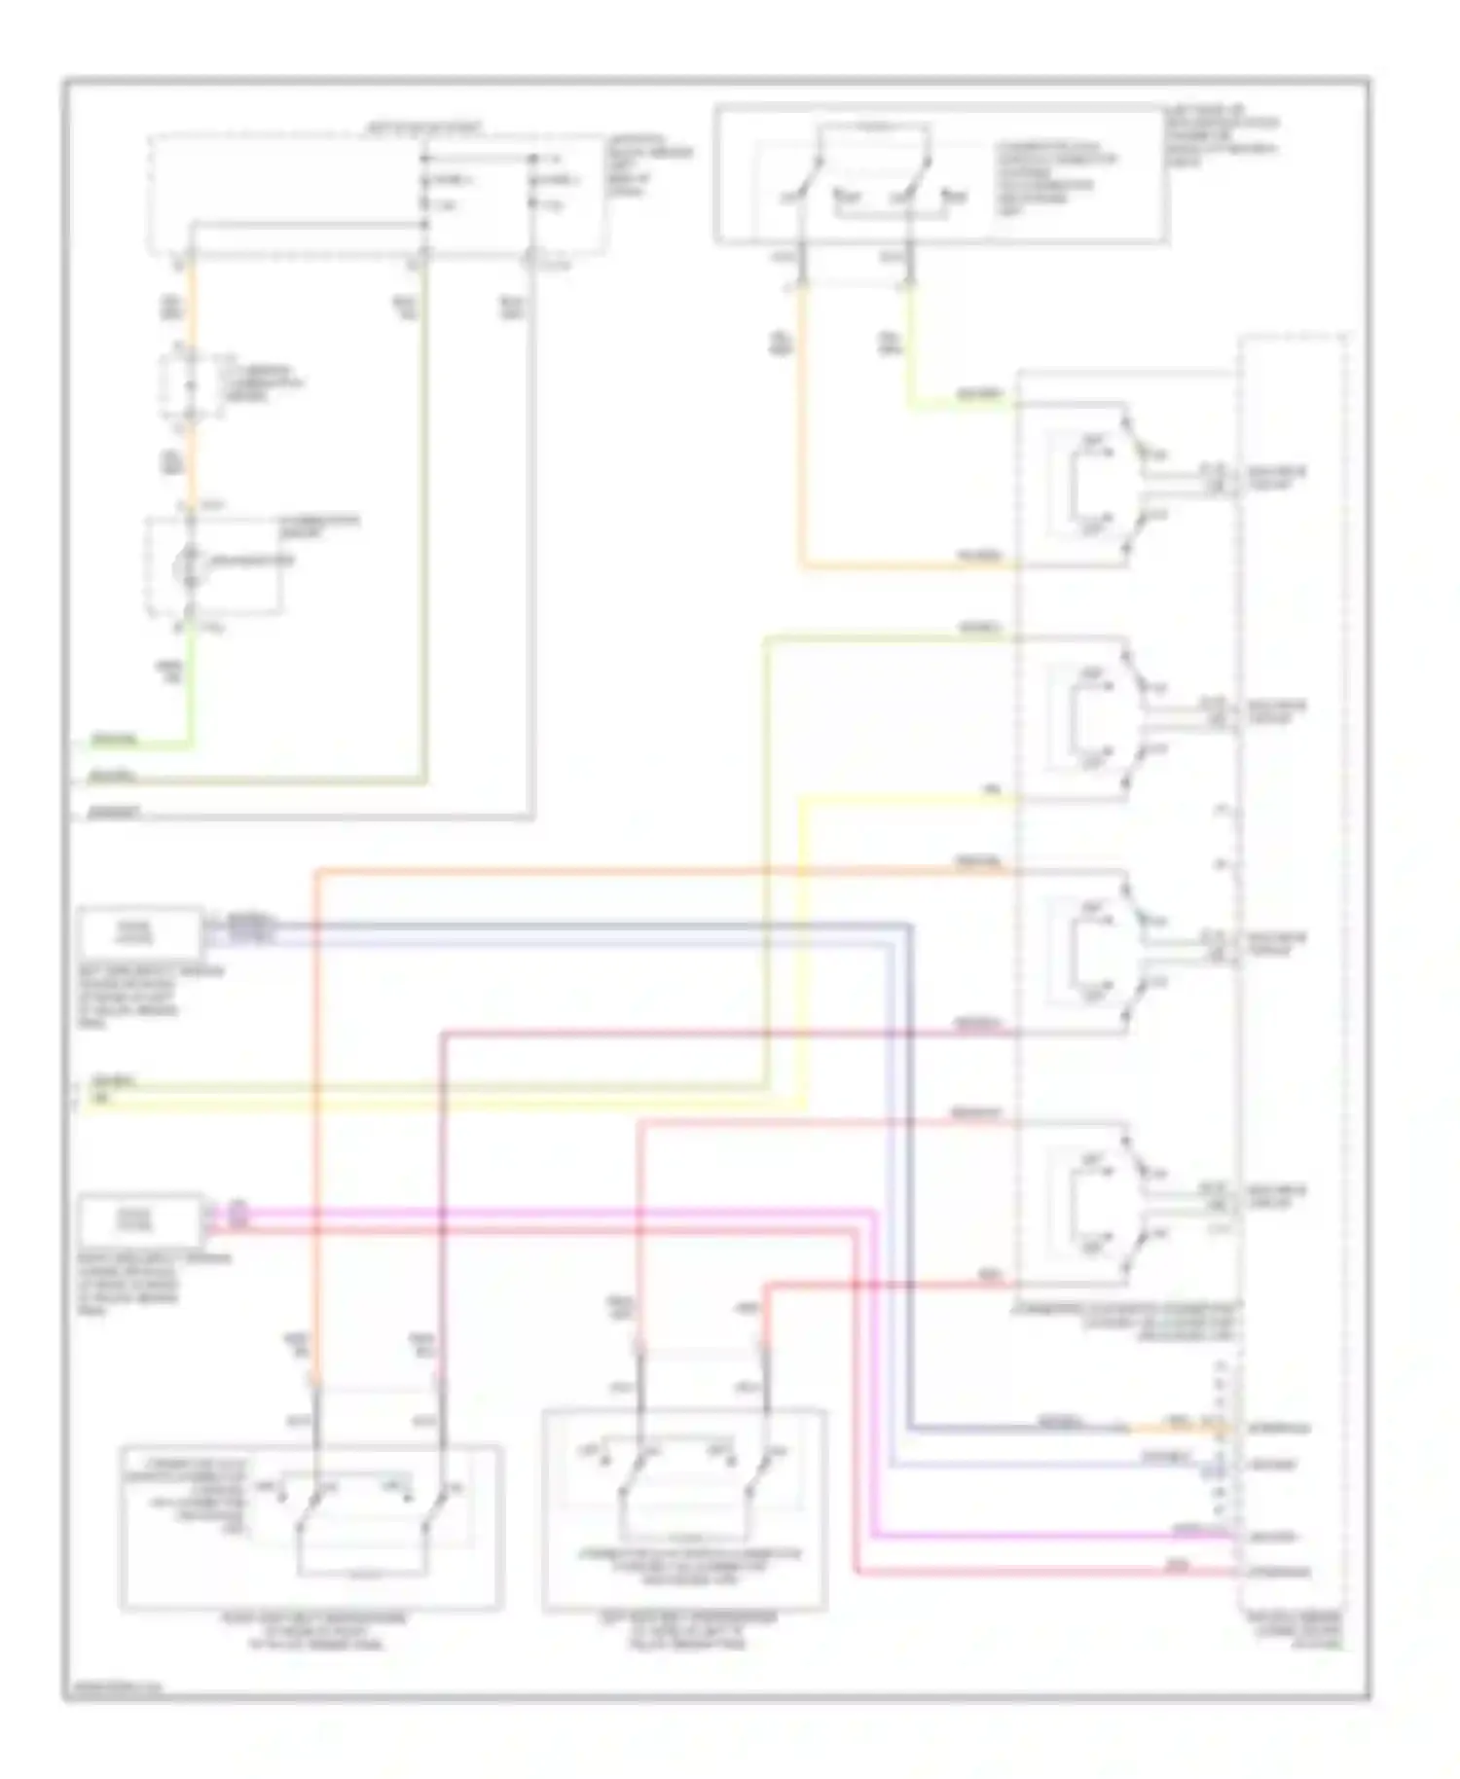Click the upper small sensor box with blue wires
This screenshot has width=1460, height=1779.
pos(140,931)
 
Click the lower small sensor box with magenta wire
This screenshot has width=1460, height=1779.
pos(140,1218)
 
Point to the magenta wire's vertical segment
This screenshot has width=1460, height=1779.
pos(872,1372)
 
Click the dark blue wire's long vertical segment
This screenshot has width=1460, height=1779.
pos(909,1168)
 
